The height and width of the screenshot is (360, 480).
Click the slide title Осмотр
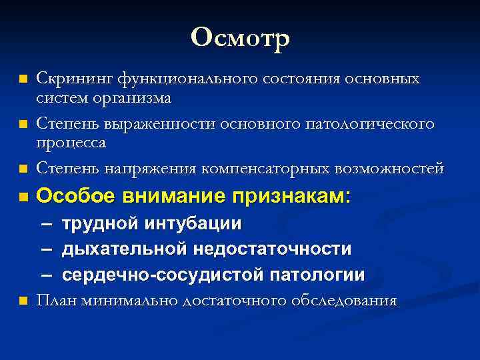coord(240,38)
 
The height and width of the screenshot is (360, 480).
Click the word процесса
coord(71,143)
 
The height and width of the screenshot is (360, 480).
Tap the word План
coord(57,300)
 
